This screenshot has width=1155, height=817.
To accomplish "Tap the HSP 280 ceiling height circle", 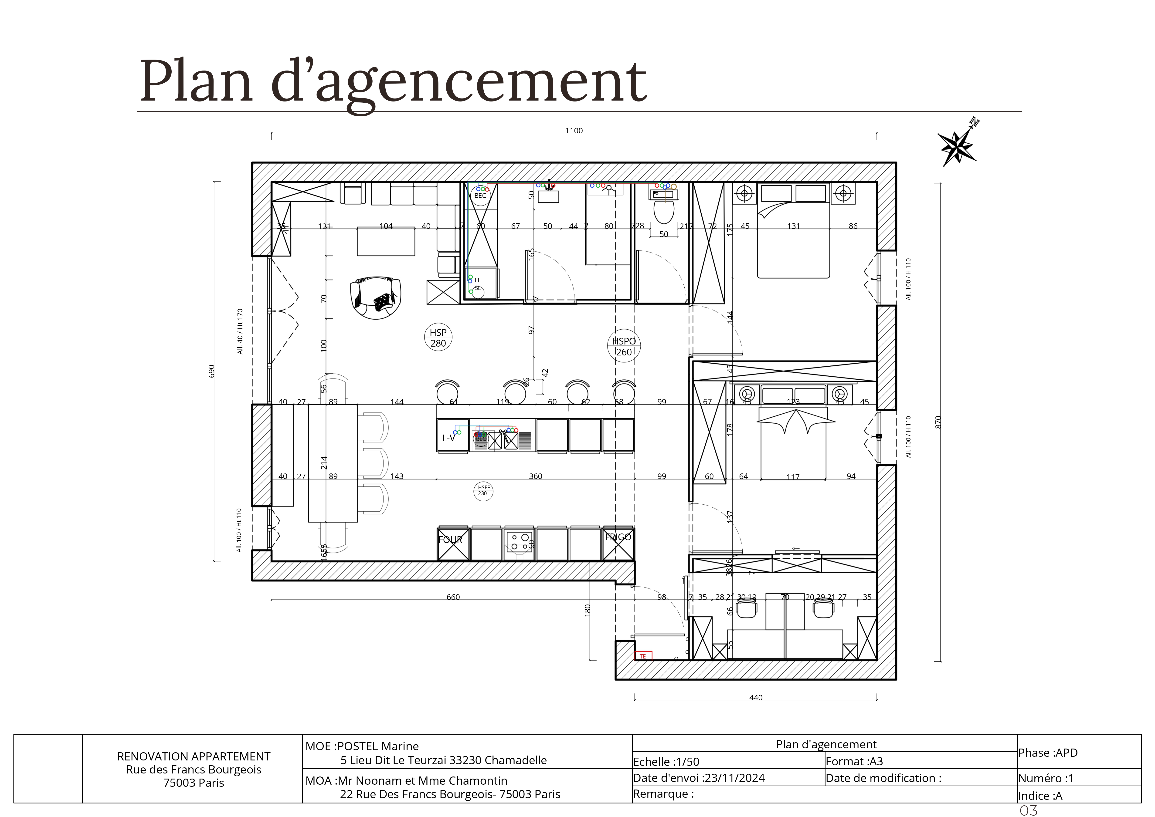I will (438, 338).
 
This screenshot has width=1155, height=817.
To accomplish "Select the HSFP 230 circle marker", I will (483, 490).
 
